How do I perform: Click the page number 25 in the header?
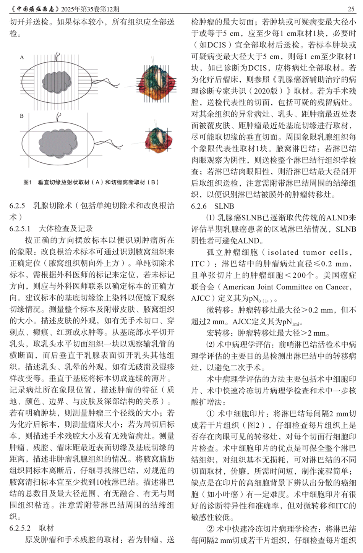[352, 8]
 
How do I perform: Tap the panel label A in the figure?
[22, 57]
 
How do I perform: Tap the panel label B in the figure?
[22, 115]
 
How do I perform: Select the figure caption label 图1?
[28, 182]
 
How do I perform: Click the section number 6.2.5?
[17, 206]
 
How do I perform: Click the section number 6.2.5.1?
[20, 229]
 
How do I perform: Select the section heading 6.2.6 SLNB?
[212, 206]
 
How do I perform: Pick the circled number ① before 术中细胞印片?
[211, 414]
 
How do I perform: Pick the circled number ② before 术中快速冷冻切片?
[211, 529]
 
